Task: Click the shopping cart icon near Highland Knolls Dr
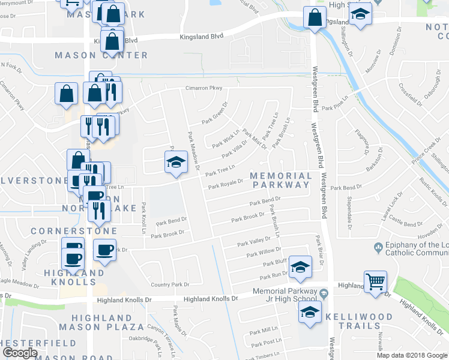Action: [x=375, y=281]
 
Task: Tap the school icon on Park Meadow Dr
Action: [x=175, y=161]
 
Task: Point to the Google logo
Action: [x=20, y=353]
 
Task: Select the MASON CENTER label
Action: [x=101, y=55]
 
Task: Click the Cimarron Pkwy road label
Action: [x=203, y=89]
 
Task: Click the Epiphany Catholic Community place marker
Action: [x=378, y=247]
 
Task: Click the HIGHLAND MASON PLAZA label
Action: [x=109, y=322]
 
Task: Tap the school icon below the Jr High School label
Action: [x=310, y=312]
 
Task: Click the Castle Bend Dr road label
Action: [x=405, y=224]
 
